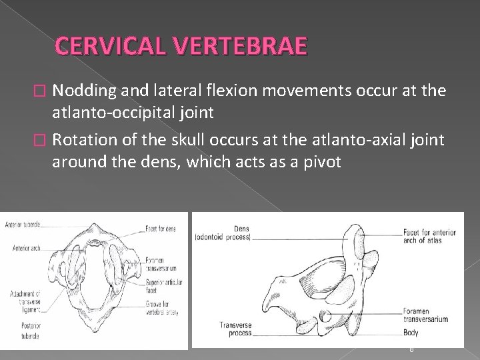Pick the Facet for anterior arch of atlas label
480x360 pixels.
click(429, 236)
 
